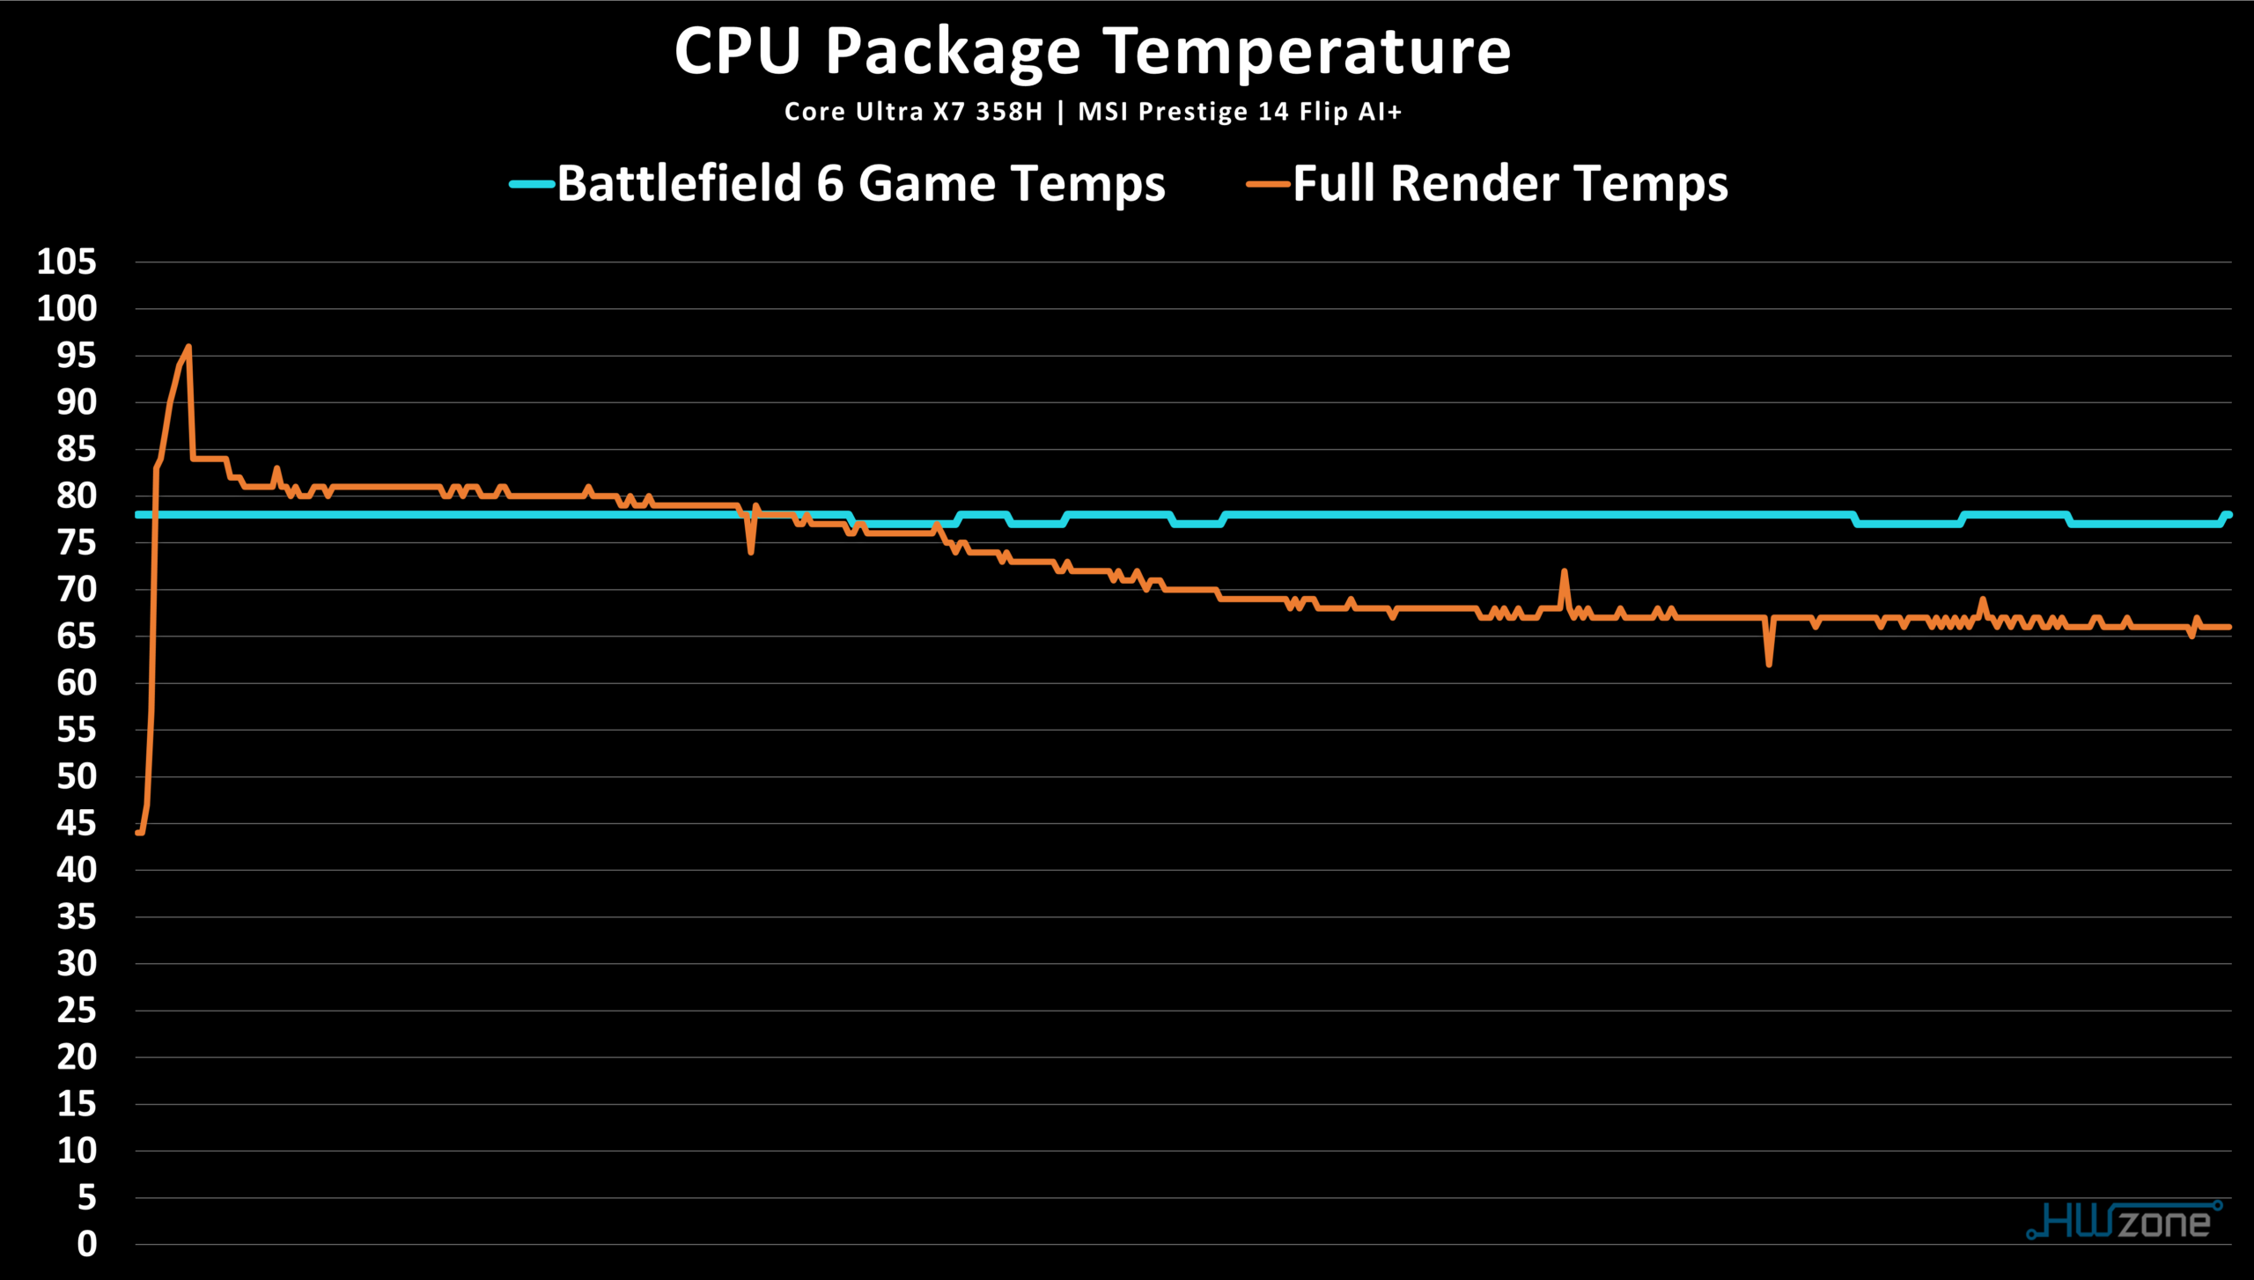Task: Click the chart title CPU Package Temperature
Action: [x=1092, y=51]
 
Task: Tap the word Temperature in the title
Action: [x=1307, y=51]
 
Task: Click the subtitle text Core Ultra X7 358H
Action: [x=913, y=112]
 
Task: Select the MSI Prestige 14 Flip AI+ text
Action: [x=1240, y=112]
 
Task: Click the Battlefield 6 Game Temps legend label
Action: [x=860, y=184]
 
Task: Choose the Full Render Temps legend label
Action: [x=1510, y=184]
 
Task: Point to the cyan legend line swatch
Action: [x=532, y=184]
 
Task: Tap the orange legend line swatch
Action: [x=1268, y=184]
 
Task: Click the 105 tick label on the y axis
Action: [x=67, y=261]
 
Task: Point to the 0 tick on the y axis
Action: [x=86, y=1244]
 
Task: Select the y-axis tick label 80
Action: [x=77, y=496]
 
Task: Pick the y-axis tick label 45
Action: [x=77, y=823]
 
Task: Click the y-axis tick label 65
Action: [x=77, y=636]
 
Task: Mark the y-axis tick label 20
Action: [x=77, y=1056]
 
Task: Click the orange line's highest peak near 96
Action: [x=188, y=347]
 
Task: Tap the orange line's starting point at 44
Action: [x=139, y=832]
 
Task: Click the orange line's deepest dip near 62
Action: [x=1769, y=664]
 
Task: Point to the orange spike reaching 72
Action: [x=1565, y=570]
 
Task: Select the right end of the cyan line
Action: [x=2228, y=515]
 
